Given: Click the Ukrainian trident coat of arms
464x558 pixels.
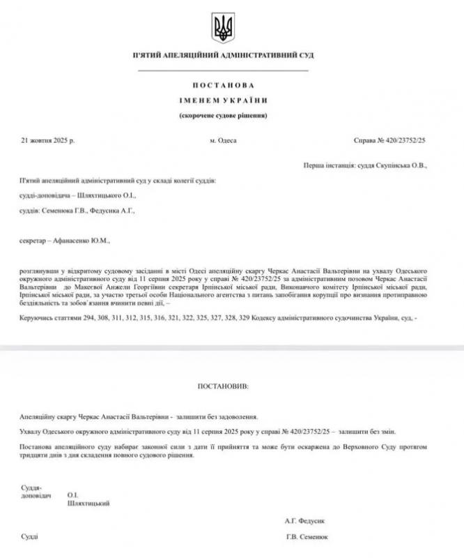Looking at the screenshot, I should point(223,29).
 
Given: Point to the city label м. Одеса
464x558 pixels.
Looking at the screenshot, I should point(223,140).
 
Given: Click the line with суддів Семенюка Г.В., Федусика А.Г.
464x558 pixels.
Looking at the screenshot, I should point(77,210).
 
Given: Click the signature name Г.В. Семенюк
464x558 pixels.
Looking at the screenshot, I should point(307,537).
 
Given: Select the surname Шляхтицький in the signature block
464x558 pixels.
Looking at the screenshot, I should point(88,503).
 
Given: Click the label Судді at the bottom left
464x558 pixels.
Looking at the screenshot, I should point(29,537).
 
